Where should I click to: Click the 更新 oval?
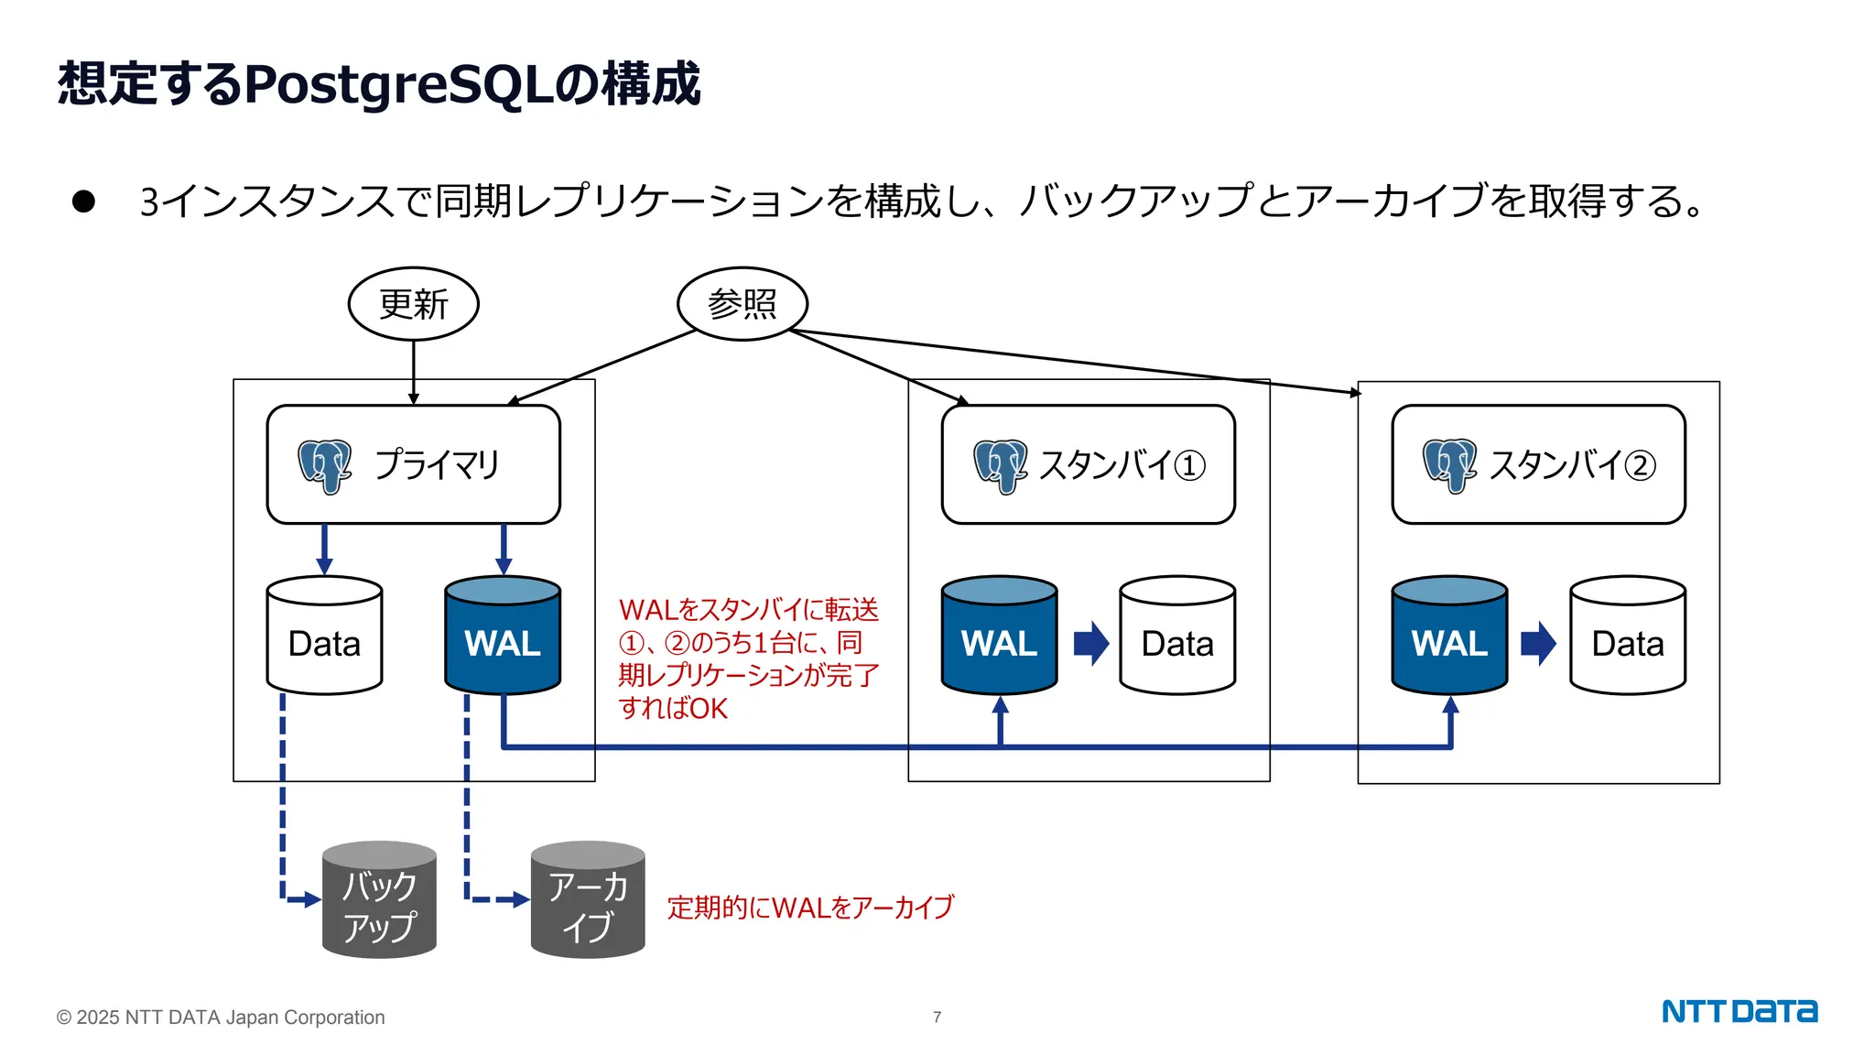[413, 304]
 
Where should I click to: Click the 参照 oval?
[742, 304]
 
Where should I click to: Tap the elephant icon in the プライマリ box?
[324, 466]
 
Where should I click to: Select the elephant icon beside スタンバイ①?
[1000, 466]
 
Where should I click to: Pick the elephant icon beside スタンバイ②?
[1449, 466]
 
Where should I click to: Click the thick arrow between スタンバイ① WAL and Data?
[1090, 643]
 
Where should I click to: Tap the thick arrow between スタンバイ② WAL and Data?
[1538, 643]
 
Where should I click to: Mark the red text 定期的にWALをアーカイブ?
[810, 908]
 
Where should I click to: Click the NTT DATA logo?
[1739, 1011]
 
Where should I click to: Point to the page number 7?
[937, 1017]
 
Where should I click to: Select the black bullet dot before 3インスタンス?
[83, 201]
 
